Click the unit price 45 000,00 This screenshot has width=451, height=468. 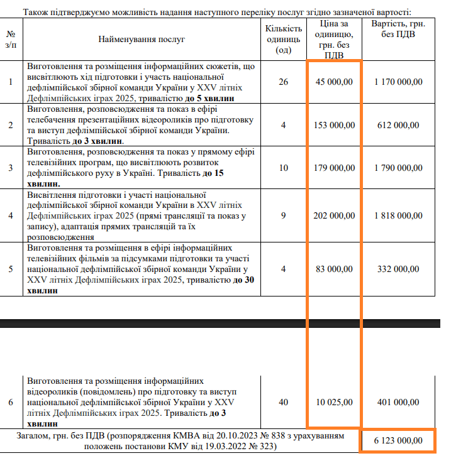334,82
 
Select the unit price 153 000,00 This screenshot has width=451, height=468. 334,125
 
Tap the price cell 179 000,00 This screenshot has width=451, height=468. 334,168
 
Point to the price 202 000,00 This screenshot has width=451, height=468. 334,215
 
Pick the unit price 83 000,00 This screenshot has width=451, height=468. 334,269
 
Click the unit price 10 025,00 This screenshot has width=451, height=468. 334,402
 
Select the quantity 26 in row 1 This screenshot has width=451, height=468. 283,82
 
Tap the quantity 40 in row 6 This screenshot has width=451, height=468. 283,402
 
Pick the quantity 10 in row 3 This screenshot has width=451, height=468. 283,168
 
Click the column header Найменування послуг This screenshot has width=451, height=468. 142,39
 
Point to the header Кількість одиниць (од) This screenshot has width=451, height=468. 283,39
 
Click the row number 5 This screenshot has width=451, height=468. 11,269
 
